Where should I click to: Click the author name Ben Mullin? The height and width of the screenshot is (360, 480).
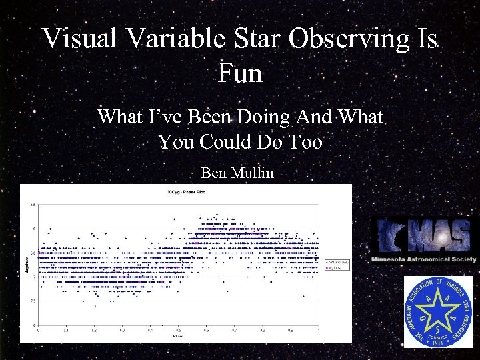coord(237,173)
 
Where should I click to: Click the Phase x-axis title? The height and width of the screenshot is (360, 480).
coord(179,337)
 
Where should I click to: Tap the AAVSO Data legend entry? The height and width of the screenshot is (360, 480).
coord(333,263)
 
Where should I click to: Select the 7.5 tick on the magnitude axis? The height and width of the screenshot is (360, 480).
coord(32,301)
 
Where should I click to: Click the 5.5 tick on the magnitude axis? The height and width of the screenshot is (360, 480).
coord(32,205)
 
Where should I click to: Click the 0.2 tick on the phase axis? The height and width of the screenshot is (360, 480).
coord(94,330)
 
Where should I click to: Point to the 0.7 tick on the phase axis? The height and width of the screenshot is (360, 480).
coord(234,330)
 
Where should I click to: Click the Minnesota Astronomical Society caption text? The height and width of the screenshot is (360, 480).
coord(424,259)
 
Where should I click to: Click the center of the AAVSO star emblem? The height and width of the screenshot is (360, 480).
coord(438,311)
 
